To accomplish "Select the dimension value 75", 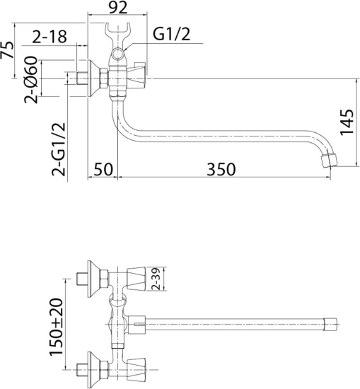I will point(9,52).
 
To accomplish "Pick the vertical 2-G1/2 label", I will point(59,146).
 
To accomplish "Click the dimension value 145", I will point(346,122).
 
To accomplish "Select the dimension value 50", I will point(103,169).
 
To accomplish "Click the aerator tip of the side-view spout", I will point(329,159).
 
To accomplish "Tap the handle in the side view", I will point(137,74).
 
